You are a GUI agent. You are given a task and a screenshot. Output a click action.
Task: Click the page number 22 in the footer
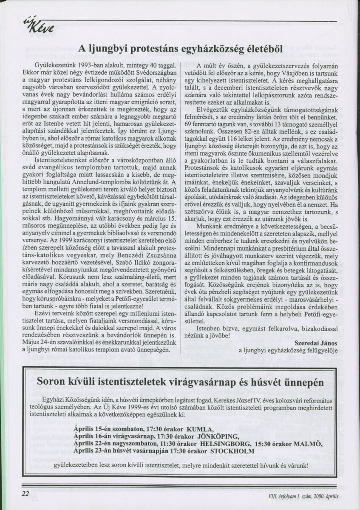pyautogui.click(x=25, y=493)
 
